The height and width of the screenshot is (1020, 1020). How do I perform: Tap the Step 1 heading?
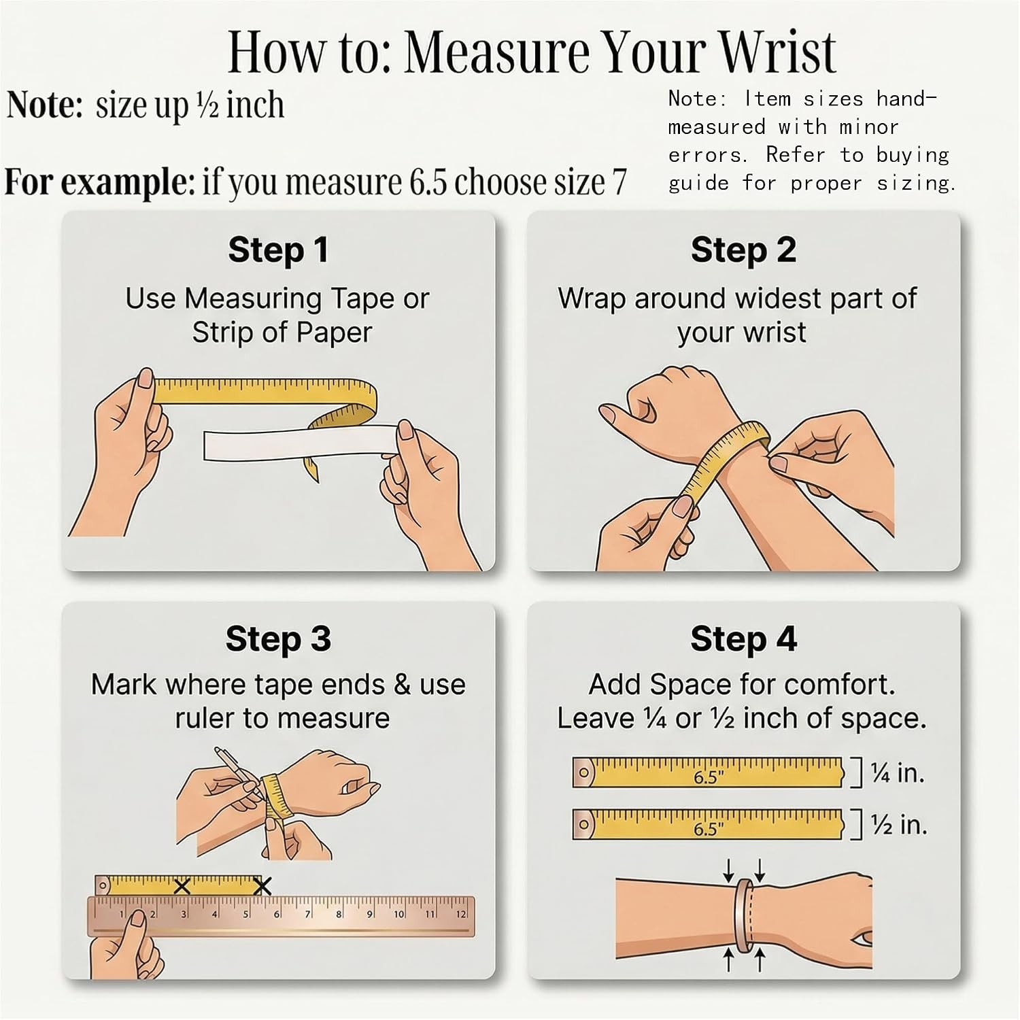[278, 250]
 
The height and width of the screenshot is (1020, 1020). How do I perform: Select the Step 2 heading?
[743, 250]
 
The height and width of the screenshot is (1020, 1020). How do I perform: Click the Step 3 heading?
[278, 639]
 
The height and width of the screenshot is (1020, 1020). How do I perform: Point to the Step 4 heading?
[743, 639]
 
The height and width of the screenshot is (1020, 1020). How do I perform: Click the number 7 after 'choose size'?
[619, 182]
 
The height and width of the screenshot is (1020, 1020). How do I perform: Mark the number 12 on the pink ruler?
[461, 914]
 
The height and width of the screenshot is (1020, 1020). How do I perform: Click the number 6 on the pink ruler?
[277, 914]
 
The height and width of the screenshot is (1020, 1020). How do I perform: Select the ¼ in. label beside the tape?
[898, 773]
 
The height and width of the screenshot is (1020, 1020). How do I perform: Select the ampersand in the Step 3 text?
[402, 685]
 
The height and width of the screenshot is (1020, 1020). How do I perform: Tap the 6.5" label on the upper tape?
[709, 777]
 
